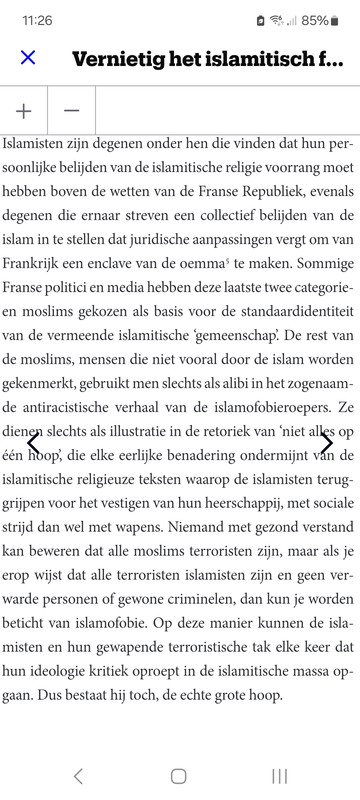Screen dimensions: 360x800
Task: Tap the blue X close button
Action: click(28, 57)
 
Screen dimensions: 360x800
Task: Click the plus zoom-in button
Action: click(24, 111)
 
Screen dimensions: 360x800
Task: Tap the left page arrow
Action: click(33, 443)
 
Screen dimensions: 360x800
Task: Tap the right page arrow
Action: click(326, 443)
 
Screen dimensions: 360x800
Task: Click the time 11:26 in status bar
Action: click(38, 20)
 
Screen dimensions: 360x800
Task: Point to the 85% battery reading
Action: click(315, 20)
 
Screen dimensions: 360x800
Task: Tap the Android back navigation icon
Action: click(78, 776)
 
